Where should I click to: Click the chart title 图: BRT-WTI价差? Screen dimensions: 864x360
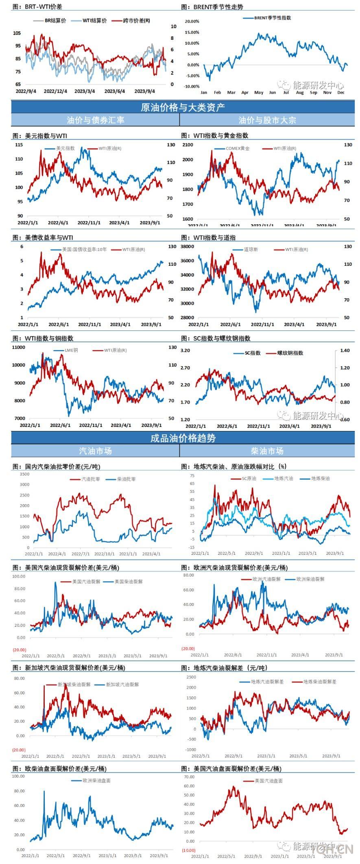pos(37,7)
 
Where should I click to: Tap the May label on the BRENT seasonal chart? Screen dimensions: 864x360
pos(259,92)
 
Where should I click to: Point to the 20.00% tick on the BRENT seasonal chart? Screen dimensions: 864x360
pos(192,21)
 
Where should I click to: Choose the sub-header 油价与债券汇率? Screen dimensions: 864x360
pos(96,120)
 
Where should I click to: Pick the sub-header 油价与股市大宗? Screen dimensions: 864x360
pos(267,120)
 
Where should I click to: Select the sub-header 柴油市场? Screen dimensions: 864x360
pos(267,451)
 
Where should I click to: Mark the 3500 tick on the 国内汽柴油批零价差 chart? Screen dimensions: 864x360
pos(24,474)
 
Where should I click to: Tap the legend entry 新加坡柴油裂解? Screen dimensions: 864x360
pos(74,685)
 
